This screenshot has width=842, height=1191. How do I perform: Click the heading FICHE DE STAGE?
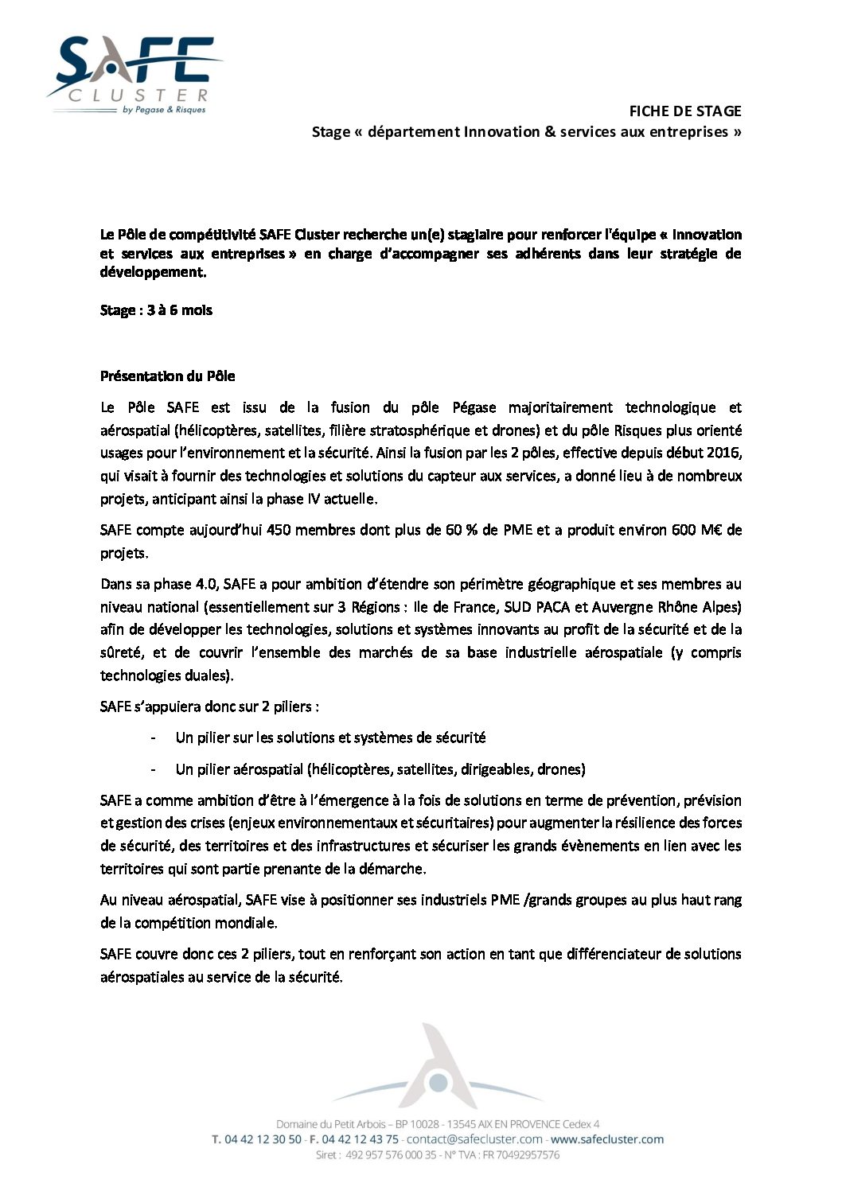click(684, 111)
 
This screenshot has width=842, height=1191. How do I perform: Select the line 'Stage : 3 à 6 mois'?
click(156, 310)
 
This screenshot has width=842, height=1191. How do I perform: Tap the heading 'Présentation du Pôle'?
click(167, 376)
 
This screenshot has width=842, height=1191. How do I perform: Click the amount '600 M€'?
click(697, 530)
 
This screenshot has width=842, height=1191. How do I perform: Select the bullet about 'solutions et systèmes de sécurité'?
click(330, 738)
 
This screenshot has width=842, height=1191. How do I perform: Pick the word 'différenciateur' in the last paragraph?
click(613, 954)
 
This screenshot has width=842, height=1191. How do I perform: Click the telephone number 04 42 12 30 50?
click(263, 1139)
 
